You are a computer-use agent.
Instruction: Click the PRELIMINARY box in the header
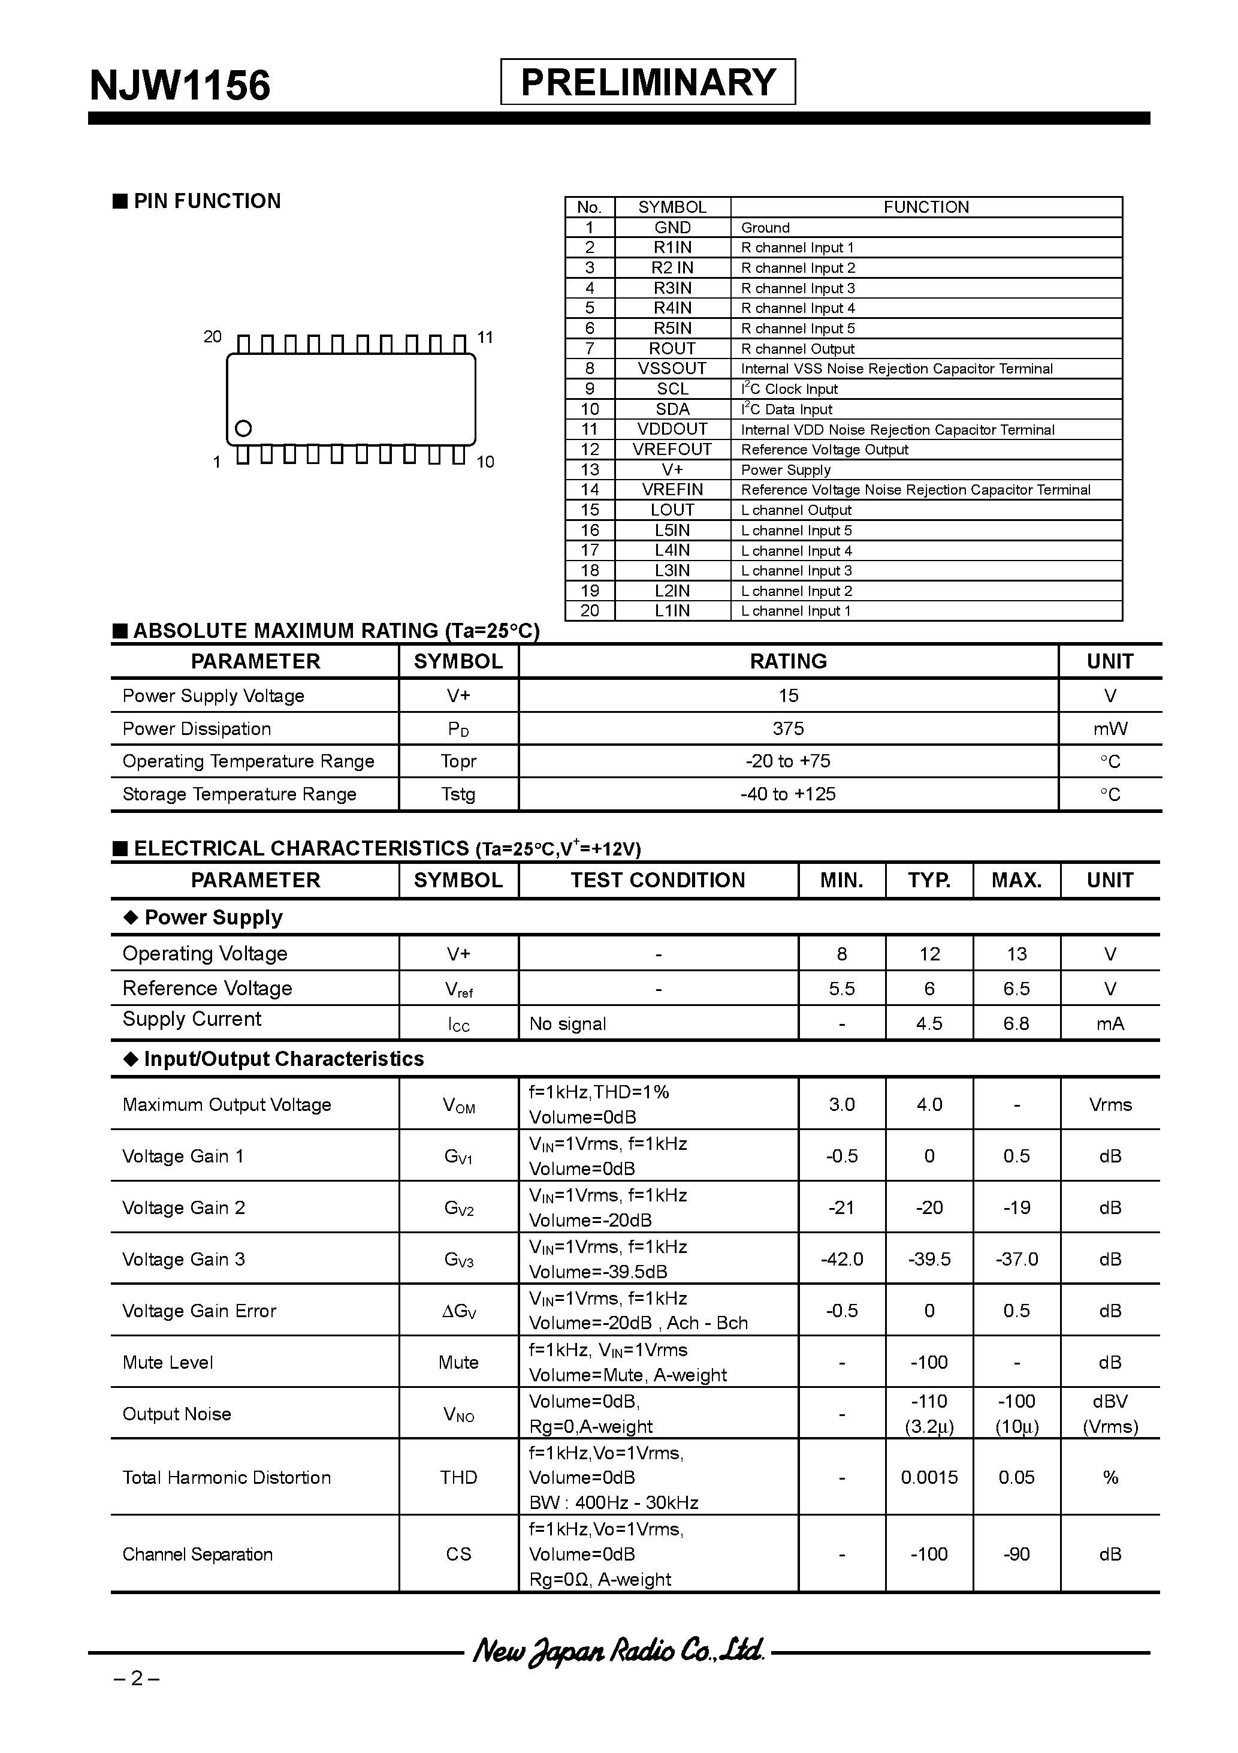pyautogui.click(x=647, y=82)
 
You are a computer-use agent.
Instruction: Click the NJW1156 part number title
pyautogui.click(x=180, y=85)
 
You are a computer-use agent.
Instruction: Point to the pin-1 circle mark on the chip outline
pyautogui.click(x=243, y=427)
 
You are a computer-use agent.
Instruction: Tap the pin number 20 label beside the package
pyautogui.click(x=212, y=337)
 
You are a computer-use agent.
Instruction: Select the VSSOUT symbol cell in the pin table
pyautogui.click(x=672, y=369)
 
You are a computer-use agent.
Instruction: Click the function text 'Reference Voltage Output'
pyautogui.click(x=825, y=450)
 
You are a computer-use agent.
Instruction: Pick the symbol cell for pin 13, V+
pyautogui.click(x=672, y=469)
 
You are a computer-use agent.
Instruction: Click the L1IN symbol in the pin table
pyautogui.click(x=672, y=611)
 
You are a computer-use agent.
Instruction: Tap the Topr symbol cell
pyautogui.click(x=458, y=761)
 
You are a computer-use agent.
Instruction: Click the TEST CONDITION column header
pyautogui.click(x=658, y=880)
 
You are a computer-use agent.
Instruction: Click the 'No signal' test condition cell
pyautogui.click(x=568, y=1024)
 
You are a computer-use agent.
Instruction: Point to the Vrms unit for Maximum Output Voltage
pyautogui.click(x=1110, y=1105)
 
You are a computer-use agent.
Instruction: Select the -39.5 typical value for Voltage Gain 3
pyautogui.click(x=929, y=1259)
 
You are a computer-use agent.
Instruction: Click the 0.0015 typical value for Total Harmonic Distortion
pyautogui.click(x=929, y=1477)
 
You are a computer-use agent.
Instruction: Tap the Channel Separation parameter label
pyautogui.click(x=198, y=1555)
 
